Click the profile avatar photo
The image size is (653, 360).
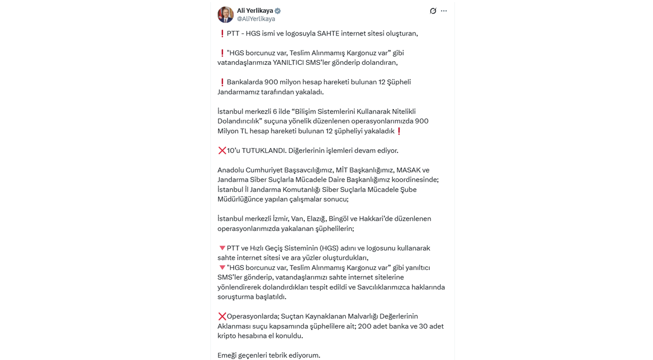(x=225, y=14)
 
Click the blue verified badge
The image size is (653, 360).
(x=278, y=11)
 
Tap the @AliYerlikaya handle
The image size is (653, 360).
(x=256, y=19)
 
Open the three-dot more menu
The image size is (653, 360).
(x=444, y=11)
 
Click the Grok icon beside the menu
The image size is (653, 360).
(x=433, y=11)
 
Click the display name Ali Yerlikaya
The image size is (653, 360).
(x=255, y=11)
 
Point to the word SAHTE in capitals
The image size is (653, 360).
(x=328, y=33)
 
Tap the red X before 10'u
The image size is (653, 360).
(x=222, y=151)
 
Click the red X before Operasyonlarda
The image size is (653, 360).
(x=222, y=316)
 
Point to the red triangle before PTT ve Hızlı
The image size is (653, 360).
(x=222, y=248)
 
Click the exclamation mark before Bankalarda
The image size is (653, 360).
(x=222, y=82)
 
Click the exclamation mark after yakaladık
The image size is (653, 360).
(x=399, y=131)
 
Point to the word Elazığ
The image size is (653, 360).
(x=317, y=219)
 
